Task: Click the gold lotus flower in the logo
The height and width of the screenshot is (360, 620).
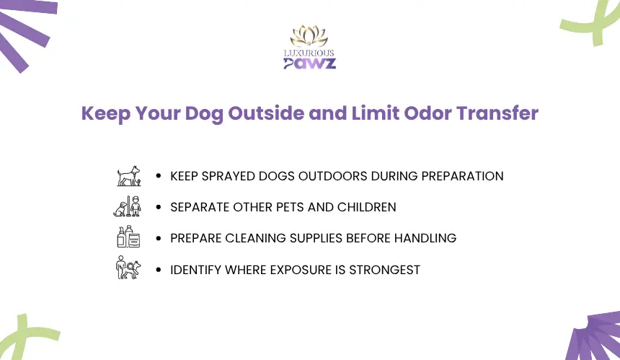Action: [309, 36]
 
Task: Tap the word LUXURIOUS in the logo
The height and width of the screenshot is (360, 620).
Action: [309, 53]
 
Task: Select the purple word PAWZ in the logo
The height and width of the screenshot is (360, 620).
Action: [309, 63]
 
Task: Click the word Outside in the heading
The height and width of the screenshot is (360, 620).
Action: [266, 113]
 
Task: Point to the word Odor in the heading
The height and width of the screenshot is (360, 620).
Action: [428, 113]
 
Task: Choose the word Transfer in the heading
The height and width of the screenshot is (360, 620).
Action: [497, 113]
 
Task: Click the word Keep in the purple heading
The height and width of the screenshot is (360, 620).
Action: [106, 114]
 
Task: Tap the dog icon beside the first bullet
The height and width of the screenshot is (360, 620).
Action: [129, 176]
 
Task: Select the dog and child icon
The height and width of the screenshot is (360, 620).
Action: [128, 206]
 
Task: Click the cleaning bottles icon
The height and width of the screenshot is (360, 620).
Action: [128, 237]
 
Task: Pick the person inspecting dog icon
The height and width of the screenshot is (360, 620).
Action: [128, 268]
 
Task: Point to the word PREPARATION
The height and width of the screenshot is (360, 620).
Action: [462, 176]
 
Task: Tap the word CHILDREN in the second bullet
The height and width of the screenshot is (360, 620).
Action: [366, 207]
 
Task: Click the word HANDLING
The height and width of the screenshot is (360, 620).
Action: [425, 238]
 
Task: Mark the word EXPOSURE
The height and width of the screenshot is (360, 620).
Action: [301, 270]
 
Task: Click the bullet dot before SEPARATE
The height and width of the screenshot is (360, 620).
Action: [159, 207]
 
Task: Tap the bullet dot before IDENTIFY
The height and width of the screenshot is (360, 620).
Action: [159, 270]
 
